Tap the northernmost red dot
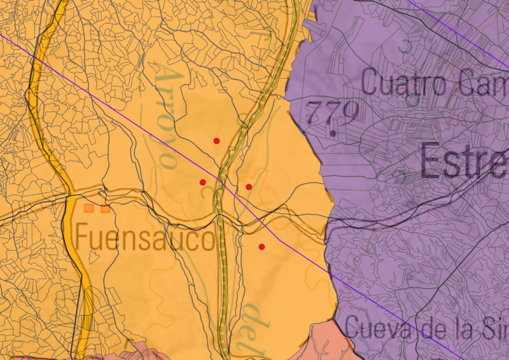point(216,141)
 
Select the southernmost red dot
point(261,247)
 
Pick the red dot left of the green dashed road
point(203,183)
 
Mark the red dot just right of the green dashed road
point(249,187)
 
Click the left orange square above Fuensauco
point(90,208)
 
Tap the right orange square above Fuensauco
point(105,208)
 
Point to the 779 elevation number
point(331,113)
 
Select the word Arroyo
point(164,114)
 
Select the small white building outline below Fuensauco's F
point(95,257)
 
